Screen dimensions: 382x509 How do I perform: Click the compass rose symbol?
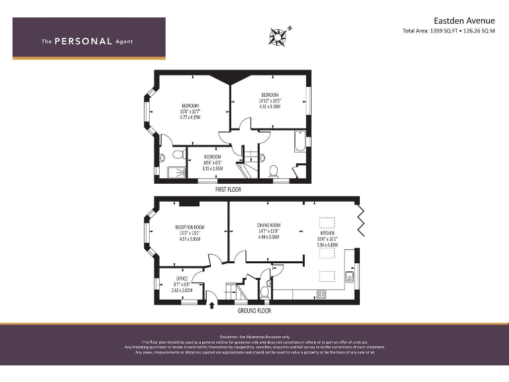pyautogui.click(x=280, y=34)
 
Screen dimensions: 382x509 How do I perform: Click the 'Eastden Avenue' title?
pyautogui.click(x=462, y=21)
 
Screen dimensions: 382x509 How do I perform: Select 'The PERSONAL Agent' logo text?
pyautogui.click(x=87, y=41)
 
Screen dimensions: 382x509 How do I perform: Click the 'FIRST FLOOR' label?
pyautogui.click(x=228, y=190)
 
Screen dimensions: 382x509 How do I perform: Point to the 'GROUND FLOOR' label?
pyautogui.click(x=254, y=310)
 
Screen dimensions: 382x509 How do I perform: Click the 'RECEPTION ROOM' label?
pyautogui.click(x=190, y=227)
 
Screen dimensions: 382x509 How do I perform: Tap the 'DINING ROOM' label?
pyautogui.click(x=268, y=225)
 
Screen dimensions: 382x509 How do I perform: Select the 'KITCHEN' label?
pyautogui.click(x=327, y=233)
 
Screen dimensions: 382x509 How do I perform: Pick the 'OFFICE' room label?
pyautogui.click(x=182, y=278)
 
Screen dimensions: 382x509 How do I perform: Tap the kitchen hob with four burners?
pyautogui.click(x=321, y=294)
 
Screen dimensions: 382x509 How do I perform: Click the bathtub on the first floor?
pyautogui.click(x=300, y=143)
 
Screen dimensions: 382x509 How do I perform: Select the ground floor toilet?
pyautogui.click(x=265, y=290)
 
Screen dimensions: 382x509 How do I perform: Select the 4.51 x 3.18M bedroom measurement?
pyautogui.click(x=270, y=106)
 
